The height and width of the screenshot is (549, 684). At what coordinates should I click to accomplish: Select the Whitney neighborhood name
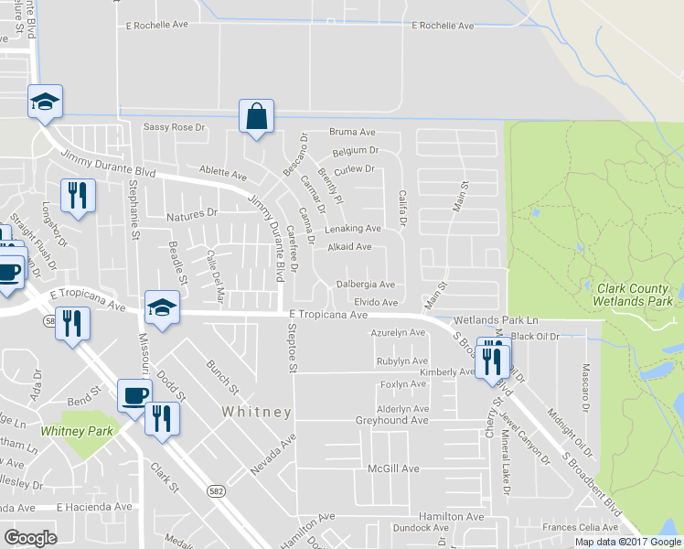[x=257, y=413]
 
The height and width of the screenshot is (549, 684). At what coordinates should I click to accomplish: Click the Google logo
[x=30, y=538]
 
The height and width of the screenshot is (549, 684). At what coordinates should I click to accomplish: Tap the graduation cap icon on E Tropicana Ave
[x=162, y=307]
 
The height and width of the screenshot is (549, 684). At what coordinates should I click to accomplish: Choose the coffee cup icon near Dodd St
[x=134, y=395]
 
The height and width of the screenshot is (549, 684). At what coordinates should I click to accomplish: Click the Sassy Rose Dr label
[x=174, y=127]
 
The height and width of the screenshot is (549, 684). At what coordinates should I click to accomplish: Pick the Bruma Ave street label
[x=353, y=133]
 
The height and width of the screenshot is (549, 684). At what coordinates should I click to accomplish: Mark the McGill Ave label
[x=392, y=468]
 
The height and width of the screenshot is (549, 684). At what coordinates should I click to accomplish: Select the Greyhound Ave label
[x=391, y=421]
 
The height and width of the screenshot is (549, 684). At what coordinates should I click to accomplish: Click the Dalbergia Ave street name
[x=365, y=285]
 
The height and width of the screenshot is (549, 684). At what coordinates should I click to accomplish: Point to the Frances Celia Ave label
[x=580, y=528]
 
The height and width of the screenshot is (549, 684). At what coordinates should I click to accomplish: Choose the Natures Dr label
[x=193, y=214]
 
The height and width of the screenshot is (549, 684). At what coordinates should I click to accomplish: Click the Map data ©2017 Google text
[x=627, y=542]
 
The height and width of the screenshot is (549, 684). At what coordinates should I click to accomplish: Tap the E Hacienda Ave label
[x=94, y=506]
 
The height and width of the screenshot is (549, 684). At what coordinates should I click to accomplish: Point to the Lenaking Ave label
[x=353, y=228]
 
